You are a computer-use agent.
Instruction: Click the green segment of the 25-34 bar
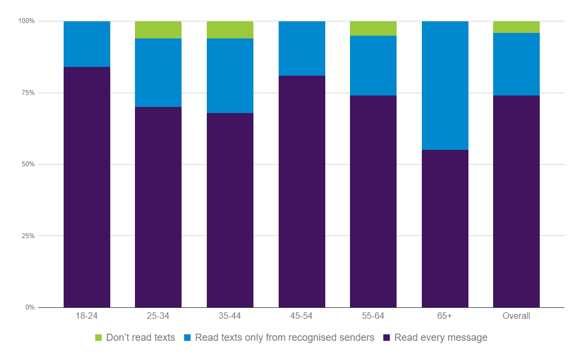click(158, 30)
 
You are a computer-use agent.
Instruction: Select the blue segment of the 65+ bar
click(445, 86)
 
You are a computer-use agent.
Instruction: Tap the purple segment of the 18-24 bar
click(87, 187)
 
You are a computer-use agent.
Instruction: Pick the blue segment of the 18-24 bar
click(87, 44)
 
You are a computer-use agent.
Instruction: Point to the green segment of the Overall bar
click(516, 27)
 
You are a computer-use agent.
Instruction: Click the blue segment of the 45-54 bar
click(302, 48)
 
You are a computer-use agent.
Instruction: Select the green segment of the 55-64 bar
click(373, 29)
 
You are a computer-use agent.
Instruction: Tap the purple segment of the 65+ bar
click(445, 228)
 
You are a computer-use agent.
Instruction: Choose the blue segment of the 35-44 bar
click(230, 76)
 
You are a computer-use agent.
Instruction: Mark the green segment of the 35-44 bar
click(230, 30)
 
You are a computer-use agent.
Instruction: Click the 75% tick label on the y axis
click(27, 93)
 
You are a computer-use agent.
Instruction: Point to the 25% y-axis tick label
click(27, 236)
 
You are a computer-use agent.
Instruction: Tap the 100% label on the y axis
click(26, 21)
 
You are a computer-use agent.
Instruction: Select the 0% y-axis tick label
click(29, 307)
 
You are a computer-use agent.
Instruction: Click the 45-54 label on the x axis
click(302, 316)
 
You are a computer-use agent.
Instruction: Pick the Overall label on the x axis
click(516, 316)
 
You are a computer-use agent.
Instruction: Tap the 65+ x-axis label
click(445, 316)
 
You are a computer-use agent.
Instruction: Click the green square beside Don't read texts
click(99, 337)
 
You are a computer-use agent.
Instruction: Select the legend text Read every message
click(440, 337)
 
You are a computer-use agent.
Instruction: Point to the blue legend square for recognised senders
click(188, 337)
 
